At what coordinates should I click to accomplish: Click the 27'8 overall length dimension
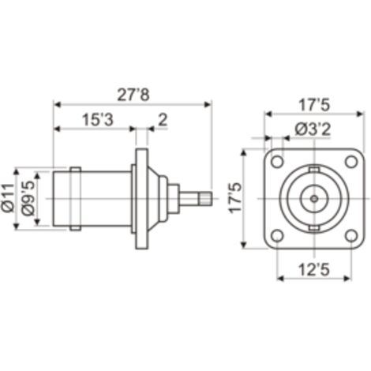133,95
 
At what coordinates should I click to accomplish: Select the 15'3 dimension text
98,120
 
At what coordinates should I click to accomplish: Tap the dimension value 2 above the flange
163,120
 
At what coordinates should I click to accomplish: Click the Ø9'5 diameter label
28,198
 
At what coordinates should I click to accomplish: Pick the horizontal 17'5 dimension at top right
314,105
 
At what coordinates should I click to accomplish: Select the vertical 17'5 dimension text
235,198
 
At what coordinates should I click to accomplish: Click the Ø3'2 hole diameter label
313,129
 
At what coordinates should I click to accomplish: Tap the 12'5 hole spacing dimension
314,270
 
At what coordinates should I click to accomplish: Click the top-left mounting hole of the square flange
277,162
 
